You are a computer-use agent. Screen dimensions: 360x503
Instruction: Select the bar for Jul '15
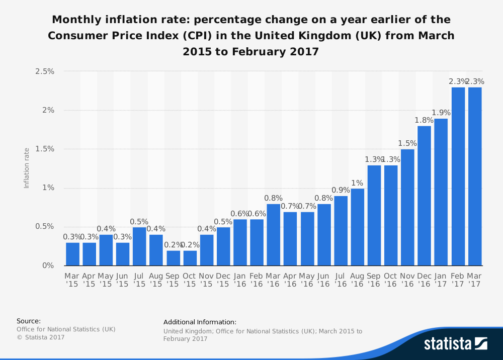coord(139,246)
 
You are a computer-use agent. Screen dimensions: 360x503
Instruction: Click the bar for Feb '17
coord(458,176)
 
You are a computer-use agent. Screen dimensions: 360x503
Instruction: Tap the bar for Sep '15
coord(173,258)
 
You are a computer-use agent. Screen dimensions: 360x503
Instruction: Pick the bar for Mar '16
coord(274,234)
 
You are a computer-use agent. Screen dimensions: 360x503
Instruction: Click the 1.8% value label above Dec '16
coord(425,120)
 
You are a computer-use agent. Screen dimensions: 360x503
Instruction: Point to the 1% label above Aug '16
coord(357,183)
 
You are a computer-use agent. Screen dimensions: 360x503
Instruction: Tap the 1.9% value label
coord(441,113)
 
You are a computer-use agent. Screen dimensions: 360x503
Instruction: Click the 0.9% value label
coord(341,190)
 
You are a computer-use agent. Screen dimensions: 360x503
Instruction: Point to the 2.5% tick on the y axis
coord(44,71)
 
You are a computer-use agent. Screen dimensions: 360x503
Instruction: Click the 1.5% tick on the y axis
coord(44,149)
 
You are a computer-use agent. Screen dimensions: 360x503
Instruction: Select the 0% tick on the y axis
coord(48,265)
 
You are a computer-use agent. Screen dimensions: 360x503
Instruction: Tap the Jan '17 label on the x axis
coord(441,280)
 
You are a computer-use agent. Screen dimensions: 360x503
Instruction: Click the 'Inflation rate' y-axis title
coord(27,168)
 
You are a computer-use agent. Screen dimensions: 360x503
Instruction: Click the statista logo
coord(455,343)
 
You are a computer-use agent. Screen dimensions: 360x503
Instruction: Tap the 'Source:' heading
coord(29,321)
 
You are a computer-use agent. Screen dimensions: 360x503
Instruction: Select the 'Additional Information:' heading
coord(200,322)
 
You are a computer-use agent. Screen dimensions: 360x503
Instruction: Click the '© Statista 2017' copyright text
coord(41,337)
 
